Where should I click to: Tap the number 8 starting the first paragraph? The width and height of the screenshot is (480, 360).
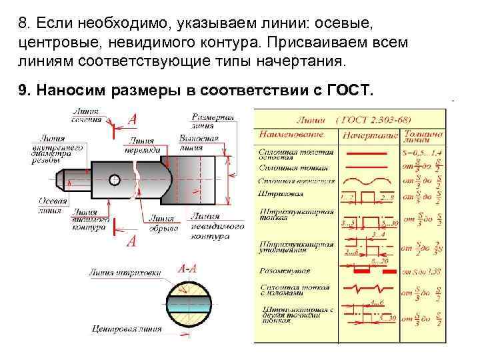point(23,23)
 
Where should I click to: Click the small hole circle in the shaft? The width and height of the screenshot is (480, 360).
point(115,179)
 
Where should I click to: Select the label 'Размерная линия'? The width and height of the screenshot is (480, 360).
point(213,121)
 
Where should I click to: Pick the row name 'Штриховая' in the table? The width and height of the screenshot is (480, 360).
point(281,193)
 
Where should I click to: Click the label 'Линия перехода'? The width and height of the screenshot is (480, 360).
point(141,145)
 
